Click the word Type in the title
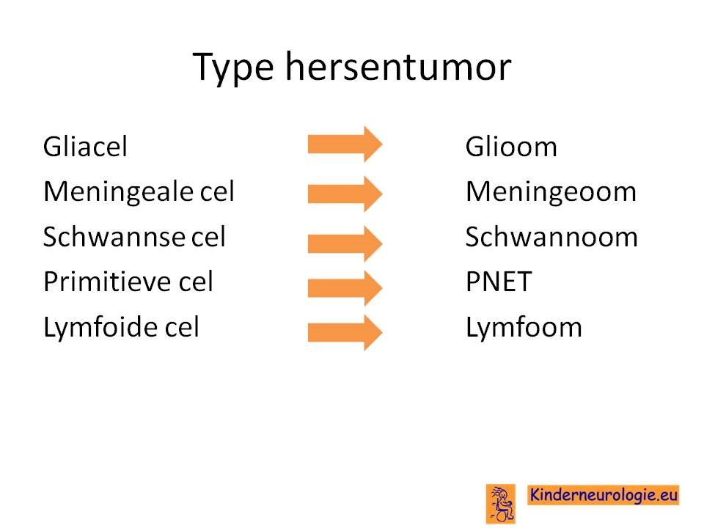(233, 68)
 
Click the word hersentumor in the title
(398, 67)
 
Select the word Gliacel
(85, 147)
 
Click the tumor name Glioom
(511, 147)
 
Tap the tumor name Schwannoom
(551, 237)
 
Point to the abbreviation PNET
(499, 282)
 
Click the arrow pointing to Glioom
(345, 144)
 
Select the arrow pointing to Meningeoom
(345, 194)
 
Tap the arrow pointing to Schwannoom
(345, 243)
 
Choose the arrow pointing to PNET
(345, 287)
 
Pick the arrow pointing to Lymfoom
(345, 332)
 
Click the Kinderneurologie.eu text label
(603, 495)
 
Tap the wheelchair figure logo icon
(501, 504)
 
